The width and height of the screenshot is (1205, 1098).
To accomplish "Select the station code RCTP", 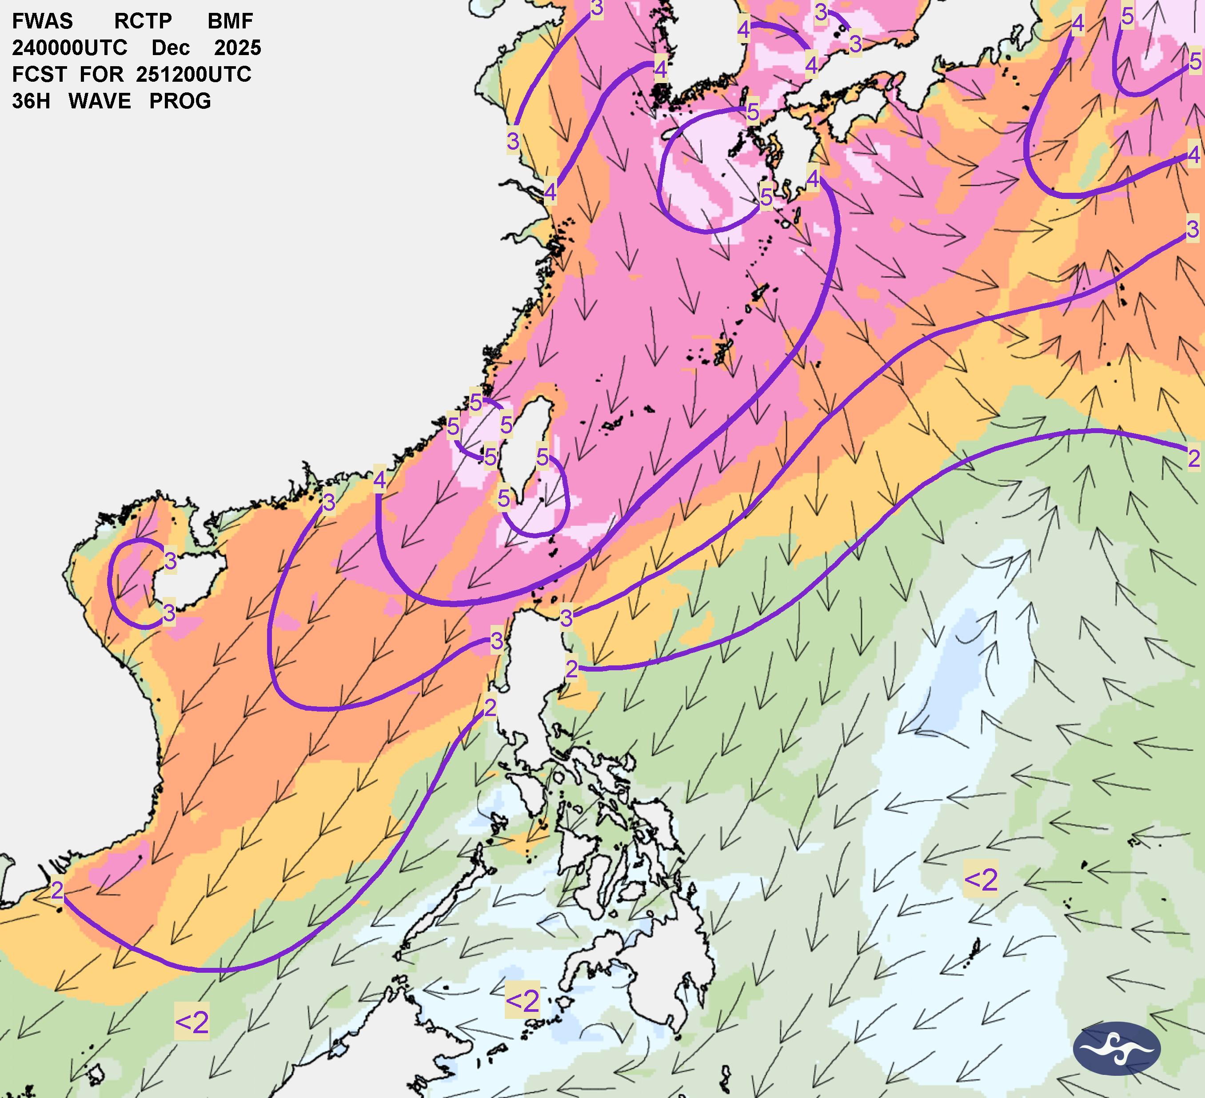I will (143, 21).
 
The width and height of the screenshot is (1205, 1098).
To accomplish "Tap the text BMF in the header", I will (230, 21).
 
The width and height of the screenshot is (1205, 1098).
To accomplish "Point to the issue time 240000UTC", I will (69, 48).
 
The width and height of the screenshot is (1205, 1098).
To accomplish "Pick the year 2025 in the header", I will (238, 48).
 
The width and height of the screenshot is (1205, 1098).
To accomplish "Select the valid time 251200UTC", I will (193, 75).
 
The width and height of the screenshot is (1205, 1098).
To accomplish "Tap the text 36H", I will (31, 102).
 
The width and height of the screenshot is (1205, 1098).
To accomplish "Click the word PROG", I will (180, 102).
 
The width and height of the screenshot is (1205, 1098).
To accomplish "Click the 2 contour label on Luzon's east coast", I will (571, 669).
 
